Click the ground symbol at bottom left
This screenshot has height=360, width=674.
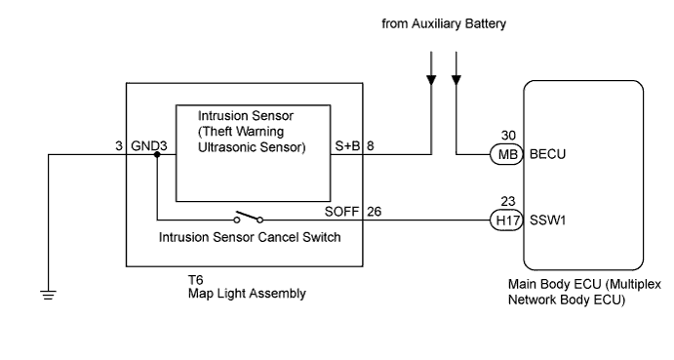click(x=48, y=295)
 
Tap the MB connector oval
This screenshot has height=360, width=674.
click(x=507, y=154)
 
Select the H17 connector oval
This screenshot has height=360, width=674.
click(x=507, y=220)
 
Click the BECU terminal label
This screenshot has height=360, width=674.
click(x=547, y=154)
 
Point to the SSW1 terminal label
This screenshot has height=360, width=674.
click(x=547, y=220)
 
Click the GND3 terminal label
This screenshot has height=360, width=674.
click(x=148, y=145)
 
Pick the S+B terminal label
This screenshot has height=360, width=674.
click(x=347, y=145)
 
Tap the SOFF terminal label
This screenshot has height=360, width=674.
click(x=341, y=212)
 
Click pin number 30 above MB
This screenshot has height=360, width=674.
click(x=508, y=136)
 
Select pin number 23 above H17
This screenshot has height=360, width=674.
click(x=508, y=201)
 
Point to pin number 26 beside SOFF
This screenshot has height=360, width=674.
click(x=374, y=212)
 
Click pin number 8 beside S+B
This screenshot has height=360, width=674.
click(x=370, y=145)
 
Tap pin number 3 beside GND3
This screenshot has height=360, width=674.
click(x=119, y=145)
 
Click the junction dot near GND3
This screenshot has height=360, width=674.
click(x=157, y=154)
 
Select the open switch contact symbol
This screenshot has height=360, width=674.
click(x=249, y=217)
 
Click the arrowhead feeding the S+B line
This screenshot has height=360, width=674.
click(x=431, y=80)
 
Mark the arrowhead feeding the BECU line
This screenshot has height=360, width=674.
click(x=456, y=80)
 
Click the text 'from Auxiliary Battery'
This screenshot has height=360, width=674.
click(x=444, y=23)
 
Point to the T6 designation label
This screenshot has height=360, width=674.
click(x=195, y=280)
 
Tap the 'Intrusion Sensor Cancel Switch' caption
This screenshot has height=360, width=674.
click(x=250, y=237)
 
